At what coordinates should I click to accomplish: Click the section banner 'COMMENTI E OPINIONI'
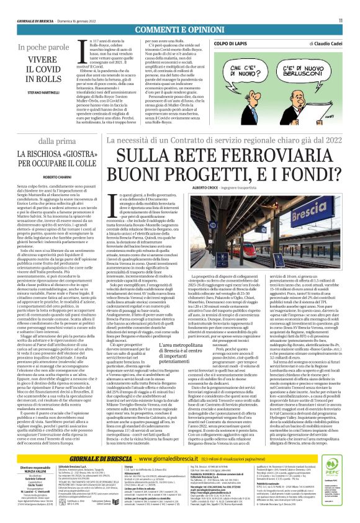pos(179,30)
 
